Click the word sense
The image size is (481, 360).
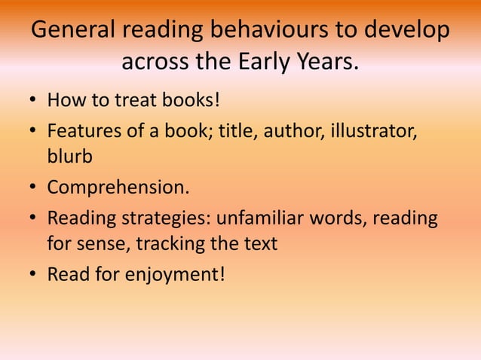(x=103, y=244)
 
